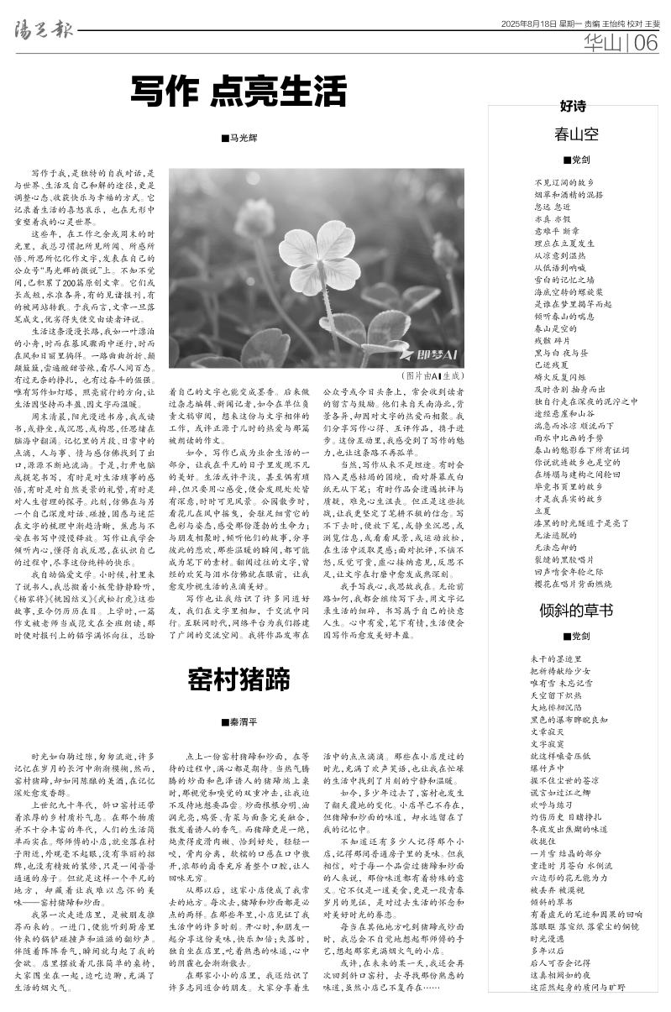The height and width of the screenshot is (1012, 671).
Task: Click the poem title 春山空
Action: (576, 134)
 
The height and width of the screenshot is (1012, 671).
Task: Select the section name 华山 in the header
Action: (605, 43)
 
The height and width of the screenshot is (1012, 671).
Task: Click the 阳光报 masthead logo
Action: (39, 30)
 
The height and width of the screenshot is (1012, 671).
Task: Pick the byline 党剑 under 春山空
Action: (577, 159)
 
